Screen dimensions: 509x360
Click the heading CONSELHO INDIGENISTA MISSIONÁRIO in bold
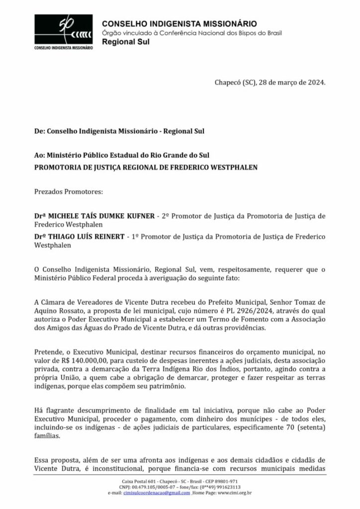coord(179,24)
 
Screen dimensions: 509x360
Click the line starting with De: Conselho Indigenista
coord(119,132)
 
